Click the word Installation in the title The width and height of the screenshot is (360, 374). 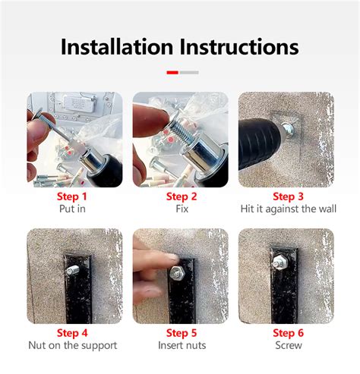117,47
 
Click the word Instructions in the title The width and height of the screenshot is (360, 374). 239,47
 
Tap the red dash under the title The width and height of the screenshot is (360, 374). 172,73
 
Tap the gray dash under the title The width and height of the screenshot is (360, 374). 189,73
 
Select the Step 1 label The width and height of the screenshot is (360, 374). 74,196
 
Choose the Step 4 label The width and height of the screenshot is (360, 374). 74,333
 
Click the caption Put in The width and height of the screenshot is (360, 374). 74,209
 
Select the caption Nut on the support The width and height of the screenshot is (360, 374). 74,345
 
